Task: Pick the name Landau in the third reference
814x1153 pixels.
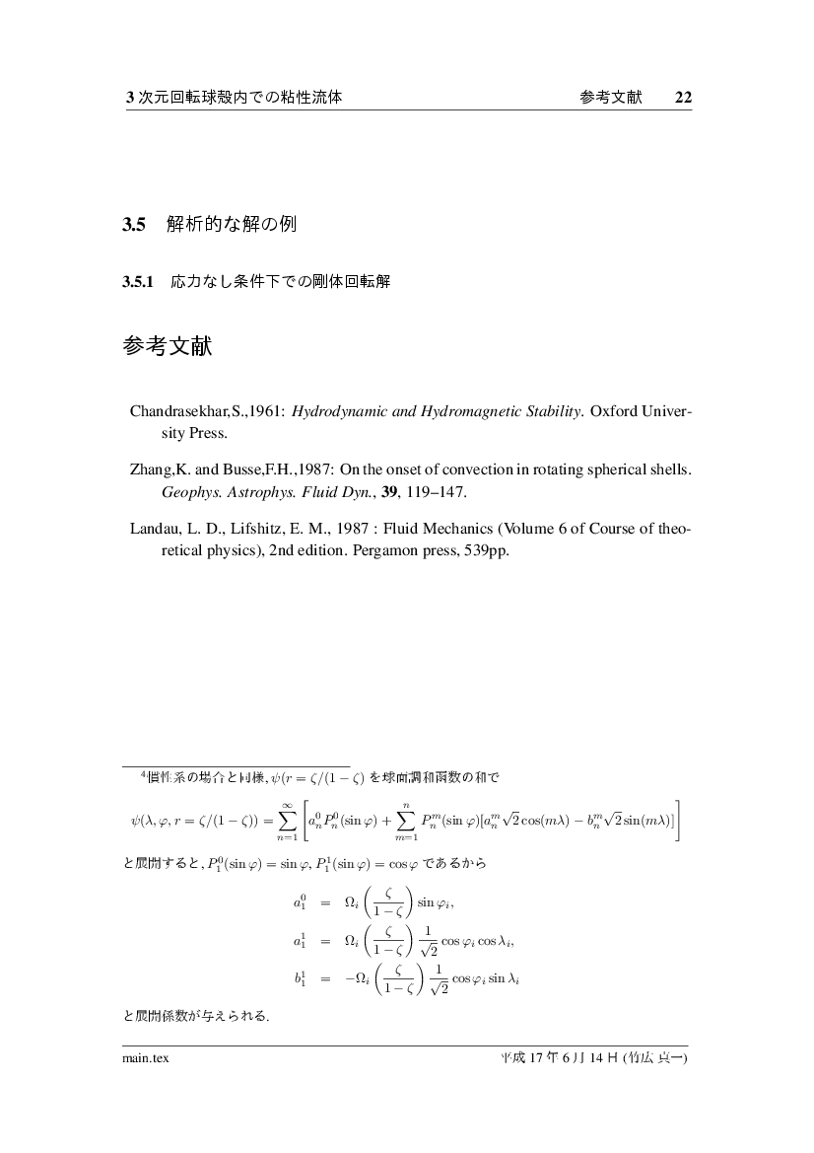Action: (x=154, y=530)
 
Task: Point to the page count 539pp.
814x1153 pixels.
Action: (x=485, y=550)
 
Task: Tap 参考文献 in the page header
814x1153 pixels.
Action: (x=612, y=98)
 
